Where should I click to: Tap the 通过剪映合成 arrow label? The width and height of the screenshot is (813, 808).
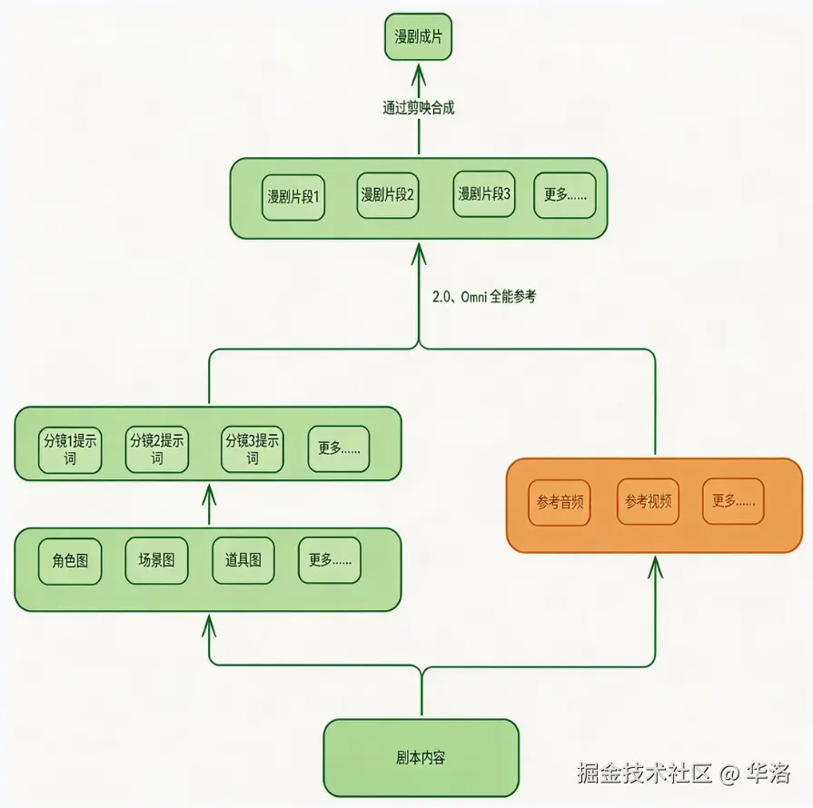(x=418, y=107)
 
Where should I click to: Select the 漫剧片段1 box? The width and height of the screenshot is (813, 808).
(x=293, y=196)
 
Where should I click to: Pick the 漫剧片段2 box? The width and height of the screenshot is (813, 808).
(x=388, y=194)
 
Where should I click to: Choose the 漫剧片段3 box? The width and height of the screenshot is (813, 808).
(x=484, y=194)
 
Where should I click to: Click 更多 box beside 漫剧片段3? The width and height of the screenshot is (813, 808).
(x=564, y=194)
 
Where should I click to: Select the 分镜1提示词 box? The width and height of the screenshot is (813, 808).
(x=70, y=449)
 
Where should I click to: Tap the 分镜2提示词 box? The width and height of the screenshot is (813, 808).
(x=157, y=449)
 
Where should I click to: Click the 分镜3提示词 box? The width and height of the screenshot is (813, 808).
(x=253, y=449)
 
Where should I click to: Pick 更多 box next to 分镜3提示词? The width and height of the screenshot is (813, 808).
(x=339, y=448)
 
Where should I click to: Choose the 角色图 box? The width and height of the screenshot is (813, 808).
(x=70, y=560)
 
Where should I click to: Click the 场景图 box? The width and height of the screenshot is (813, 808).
(x=156, y=560)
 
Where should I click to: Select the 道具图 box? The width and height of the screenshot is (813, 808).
(x=243, y=560)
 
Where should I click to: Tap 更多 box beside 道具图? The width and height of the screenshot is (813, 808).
(x=330, y=560)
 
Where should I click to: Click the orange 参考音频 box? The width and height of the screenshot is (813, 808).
(x=560, y=501)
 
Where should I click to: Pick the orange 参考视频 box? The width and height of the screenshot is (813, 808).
(x=648, y=500)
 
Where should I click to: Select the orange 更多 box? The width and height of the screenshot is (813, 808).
(x=733, y=500)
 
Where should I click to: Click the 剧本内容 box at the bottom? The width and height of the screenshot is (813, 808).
(x=421, y=757)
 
